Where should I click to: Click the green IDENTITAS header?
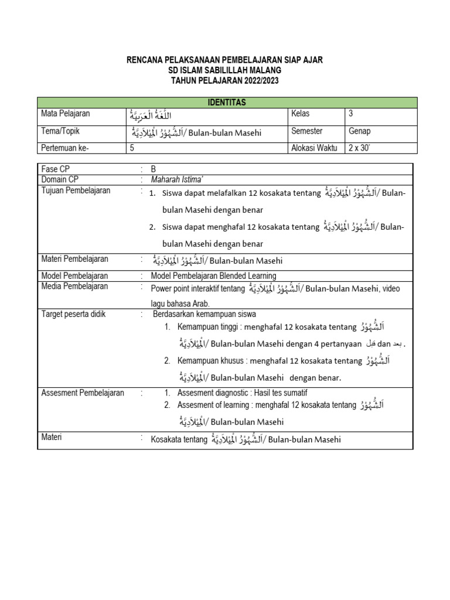tap(227, 103)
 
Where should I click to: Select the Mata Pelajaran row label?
tap(65, 114)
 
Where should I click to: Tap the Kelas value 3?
tap(351, 114)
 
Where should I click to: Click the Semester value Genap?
tap(360, 131)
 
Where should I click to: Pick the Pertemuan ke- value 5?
tap(132, 148)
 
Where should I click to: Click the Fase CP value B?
tap(154, 169)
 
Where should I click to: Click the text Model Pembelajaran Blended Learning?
tap(213, 276)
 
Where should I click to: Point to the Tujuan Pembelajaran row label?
tap(76, 191)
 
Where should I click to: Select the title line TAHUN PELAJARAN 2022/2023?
tap(224, 80)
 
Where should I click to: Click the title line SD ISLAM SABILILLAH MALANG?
tap(224, 70)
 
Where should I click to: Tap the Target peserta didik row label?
tap(73, 314)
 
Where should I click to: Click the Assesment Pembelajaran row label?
tap(83, 393)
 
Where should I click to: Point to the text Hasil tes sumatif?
tap(278, 393)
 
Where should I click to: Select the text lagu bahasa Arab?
tap(180, 303)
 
